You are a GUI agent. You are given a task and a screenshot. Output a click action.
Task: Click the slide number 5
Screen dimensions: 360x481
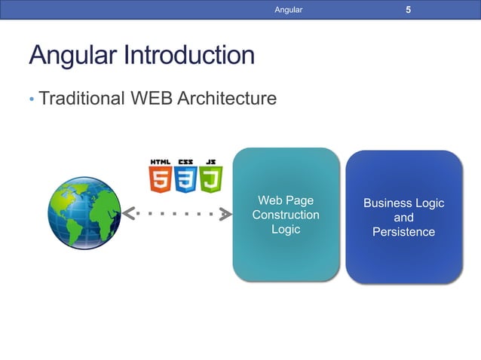pos(408,10)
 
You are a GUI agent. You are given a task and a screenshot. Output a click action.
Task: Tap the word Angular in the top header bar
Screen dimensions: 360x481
pos(288,10)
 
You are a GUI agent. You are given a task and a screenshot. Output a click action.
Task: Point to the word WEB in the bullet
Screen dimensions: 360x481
pos(150,98)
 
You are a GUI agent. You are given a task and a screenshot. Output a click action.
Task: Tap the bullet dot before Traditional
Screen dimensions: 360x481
pos(32,99)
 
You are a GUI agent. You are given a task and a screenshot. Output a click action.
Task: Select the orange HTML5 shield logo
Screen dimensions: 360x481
pos(160,180)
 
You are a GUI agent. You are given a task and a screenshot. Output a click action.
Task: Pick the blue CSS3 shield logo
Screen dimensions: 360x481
pos(185,180)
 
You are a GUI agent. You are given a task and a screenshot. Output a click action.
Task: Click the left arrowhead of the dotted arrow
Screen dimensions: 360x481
pos(129,214)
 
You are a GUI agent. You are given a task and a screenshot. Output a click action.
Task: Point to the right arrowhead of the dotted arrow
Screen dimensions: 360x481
pos(225,214)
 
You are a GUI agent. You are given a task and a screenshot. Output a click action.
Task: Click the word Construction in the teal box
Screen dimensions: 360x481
pos(286,215)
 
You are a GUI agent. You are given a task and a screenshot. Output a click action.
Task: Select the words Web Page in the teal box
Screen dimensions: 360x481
pos(286,200)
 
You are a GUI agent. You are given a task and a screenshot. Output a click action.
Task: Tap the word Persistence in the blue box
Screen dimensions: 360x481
pos(403,232)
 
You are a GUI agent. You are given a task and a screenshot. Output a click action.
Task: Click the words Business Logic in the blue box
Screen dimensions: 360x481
pos(403,203)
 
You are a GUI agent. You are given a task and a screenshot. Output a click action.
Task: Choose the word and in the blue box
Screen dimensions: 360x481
pos(403,218)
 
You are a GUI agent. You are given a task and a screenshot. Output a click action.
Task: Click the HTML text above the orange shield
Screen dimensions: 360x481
pos(160,161)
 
